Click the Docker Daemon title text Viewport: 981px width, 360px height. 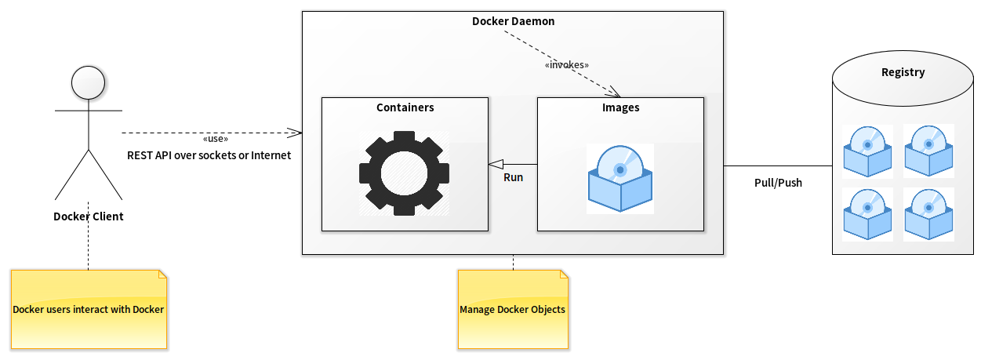[513, 21]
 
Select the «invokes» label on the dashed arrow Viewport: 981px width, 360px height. [566, 64]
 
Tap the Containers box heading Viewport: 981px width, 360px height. [405, 107]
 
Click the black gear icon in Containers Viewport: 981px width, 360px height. [404, 173]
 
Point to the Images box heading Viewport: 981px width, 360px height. [620, 107]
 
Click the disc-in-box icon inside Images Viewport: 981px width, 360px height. [620, 179]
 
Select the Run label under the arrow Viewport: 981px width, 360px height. [513, 177]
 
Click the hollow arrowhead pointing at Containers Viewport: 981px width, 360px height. [496, 164]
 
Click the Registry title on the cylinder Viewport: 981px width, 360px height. [903, 72]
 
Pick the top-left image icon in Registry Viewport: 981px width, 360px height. [867, 151]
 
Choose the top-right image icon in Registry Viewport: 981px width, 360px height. [928, 151]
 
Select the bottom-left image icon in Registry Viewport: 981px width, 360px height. [867, 214]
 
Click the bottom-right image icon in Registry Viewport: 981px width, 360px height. [928, 214]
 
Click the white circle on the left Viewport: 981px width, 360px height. [88, 82]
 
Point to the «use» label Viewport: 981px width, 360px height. [215, 139]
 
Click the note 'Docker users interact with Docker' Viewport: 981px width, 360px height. [89, 309]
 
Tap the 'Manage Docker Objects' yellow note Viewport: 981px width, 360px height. [513, 309]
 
